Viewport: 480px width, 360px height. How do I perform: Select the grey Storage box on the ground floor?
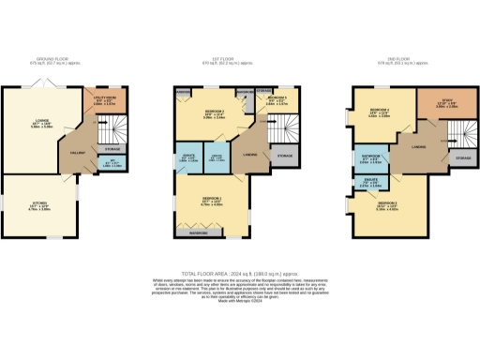point(111,148)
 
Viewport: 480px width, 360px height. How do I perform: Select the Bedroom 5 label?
point(277,99)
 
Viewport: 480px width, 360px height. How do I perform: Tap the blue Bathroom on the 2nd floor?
point(368,159)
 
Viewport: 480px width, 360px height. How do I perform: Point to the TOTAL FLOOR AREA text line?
point(240,269)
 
